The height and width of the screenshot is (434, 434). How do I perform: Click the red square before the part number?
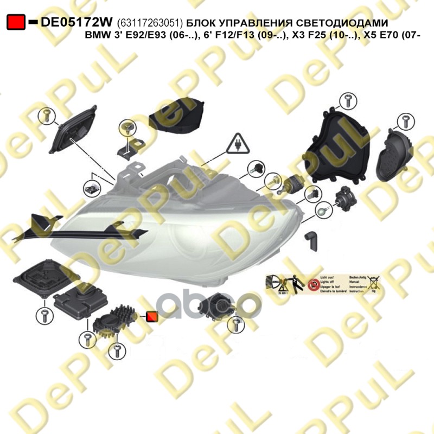pyautogui.click(x=16, y=22)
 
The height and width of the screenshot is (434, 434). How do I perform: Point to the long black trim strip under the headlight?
pyautogui.click(x=81, y=228)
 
